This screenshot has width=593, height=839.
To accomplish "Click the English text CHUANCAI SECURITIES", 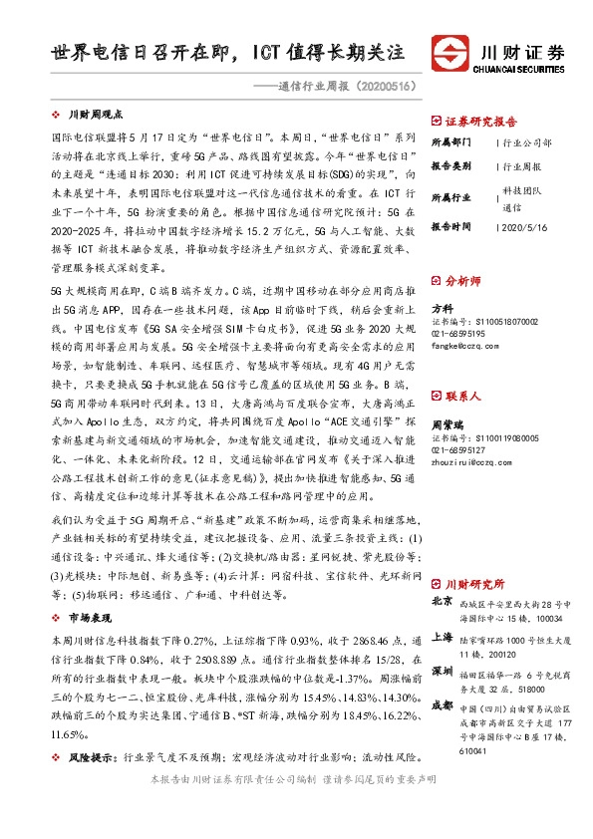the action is click(523, 70).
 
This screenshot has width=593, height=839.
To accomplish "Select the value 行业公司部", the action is click(526, 143).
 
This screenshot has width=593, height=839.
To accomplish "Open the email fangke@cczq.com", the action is click(462, 346).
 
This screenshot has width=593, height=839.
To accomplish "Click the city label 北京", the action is click(442, 602).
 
